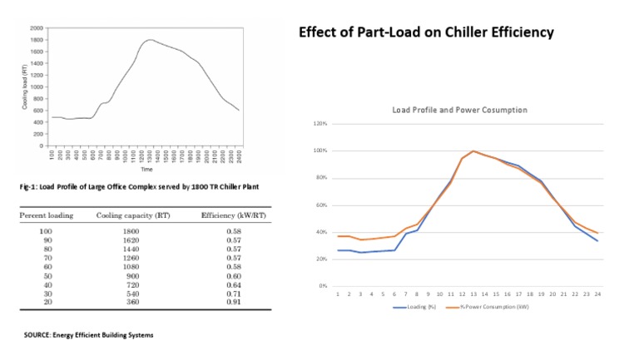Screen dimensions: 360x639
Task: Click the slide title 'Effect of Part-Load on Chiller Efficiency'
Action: click(x=426, y=33)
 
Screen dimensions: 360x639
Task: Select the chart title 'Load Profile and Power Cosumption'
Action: click(x=459, y=110)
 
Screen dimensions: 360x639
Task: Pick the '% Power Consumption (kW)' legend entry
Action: click(x=483, y=307)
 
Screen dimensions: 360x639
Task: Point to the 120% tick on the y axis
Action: click(x=319, y=124)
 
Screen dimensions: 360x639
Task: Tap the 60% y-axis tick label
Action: click(x=320, y=205)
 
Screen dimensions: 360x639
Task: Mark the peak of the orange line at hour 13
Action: click(x=473, y=151)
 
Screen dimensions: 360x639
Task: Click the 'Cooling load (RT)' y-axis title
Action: click(x=25, y=86)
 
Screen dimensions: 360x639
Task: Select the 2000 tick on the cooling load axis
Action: click(x=37, y=28)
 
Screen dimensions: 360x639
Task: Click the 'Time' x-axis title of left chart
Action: click(x=146, y=169)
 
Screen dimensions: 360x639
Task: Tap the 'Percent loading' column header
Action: click(x=47, y=215)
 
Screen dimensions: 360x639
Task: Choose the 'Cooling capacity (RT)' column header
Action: click(x=128, y=215)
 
